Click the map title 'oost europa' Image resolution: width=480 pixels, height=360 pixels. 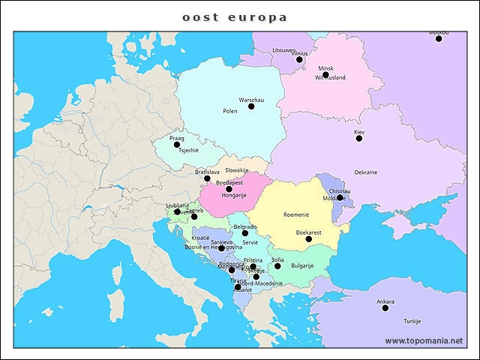click(235, 16)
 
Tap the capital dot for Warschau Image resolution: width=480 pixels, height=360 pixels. click(251, 106)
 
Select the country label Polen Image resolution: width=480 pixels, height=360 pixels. click(230, 111)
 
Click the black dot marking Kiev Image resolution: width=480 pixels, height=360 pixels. click(359, 139)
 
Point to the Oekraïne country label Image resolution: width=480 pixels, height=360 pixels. click(365, 172)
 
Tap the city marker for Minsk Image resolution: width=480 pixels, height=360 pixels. click(325, 75)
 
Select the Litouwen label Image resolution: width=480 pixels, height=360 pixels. click(284, 50)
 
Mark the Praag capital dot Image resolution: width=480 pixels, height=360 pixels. click(177, 145)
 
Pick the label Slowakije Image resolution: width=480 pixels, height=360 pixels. click(237, 170)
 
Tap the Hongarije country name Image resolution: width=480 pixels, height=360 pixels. click(234, 195)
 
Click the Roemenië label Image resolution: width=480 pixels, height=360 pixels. click(296, 214)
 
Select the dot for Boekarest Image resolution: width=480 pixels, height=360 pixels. click(308, 239)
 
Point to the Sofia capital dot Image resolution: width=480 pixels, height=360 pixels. click(277, 266)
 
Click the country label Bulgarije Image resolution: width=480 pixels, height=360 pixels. click(302, 265)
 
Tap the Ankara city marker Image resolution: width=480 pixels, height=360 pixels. click(385, 308)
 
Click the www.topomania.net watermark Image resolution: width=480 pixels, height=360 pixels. click(424, 340)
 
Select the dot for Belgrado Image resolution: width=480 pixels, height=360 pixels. click(245, 233)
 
